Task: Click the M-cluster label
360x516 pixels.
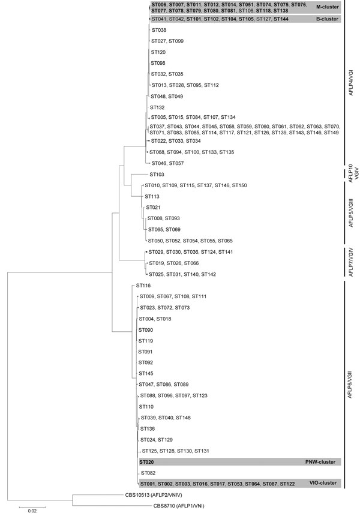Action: pyautogui.click(x=327, y=7)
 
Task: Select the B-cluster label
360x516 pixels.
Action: pyautogui.click(x=327, y=19)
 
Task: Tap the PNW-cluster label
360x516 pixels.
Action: pyautogui.click(x=320, y=462)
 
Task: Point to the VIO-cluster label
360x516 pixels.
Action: pyautogui.click(x=323, y=483)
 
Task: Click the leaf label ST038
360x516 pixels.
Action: pyautogui.click(x=158, y=30)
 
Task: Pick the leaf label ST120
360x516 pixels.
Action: pyautogui.click(x=158, y=52)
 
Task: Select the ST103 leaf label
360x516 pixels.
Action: pyautogui.click(x=157, y=175)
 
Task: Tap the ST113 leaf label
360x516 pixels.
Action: pyautogui.click(x=152, y=196)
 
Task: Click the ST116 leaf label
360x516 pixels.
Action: pyautogui.click(x=143, y=286)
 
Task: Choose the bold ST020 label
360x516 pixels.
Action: pyautogui.click(x=146, y=462)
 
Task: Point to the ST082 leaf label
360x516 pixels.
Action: pyautogui.click(x=148, y=473)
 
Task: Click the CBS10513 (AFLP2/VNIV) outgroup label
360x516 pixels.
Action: pyautogui.click(x=154, y=494)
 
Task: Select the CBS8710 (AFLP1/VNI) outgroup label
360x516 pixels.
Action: pyautogui.click(x=179, y=506)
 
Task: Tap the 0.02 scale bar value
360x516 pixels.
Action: pyautogui.click(x=32, y=511)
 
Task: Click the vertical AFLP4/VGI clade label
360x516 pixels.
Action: pyautogui.click(x=351, y=83)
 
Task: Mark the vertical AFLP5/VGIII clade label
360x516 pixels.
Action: pyautogui.click(x=351, y=213)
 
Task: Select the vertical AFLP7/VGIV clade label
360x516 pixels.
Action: pyautogui.click(x=351, y=262)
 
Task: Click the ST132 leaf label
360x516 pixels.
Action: pyautogui.click(x=157, y=107)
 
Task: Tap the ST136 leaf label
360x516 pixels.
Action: pyautogui.click(x=148, y=429)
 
